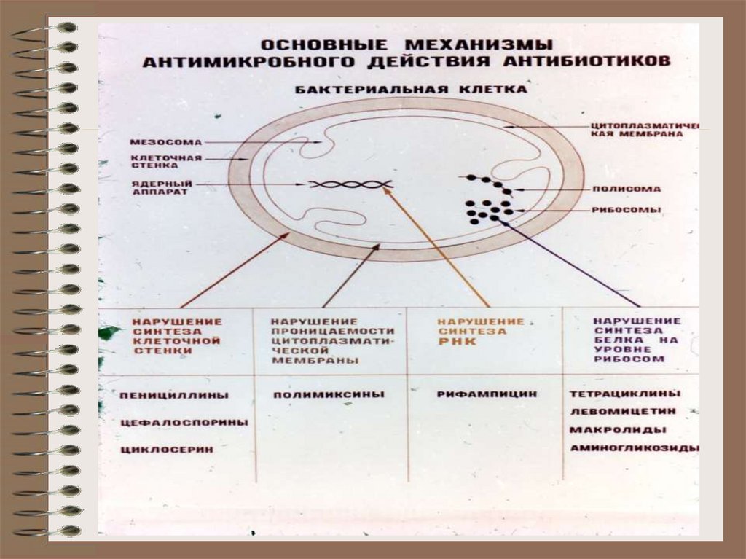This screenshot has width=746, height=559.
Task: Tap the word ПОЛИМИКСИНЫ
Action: click(x=329, y=395)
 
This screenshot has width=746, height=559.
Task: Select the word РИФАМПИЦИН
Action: click(x=487, y=394)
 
